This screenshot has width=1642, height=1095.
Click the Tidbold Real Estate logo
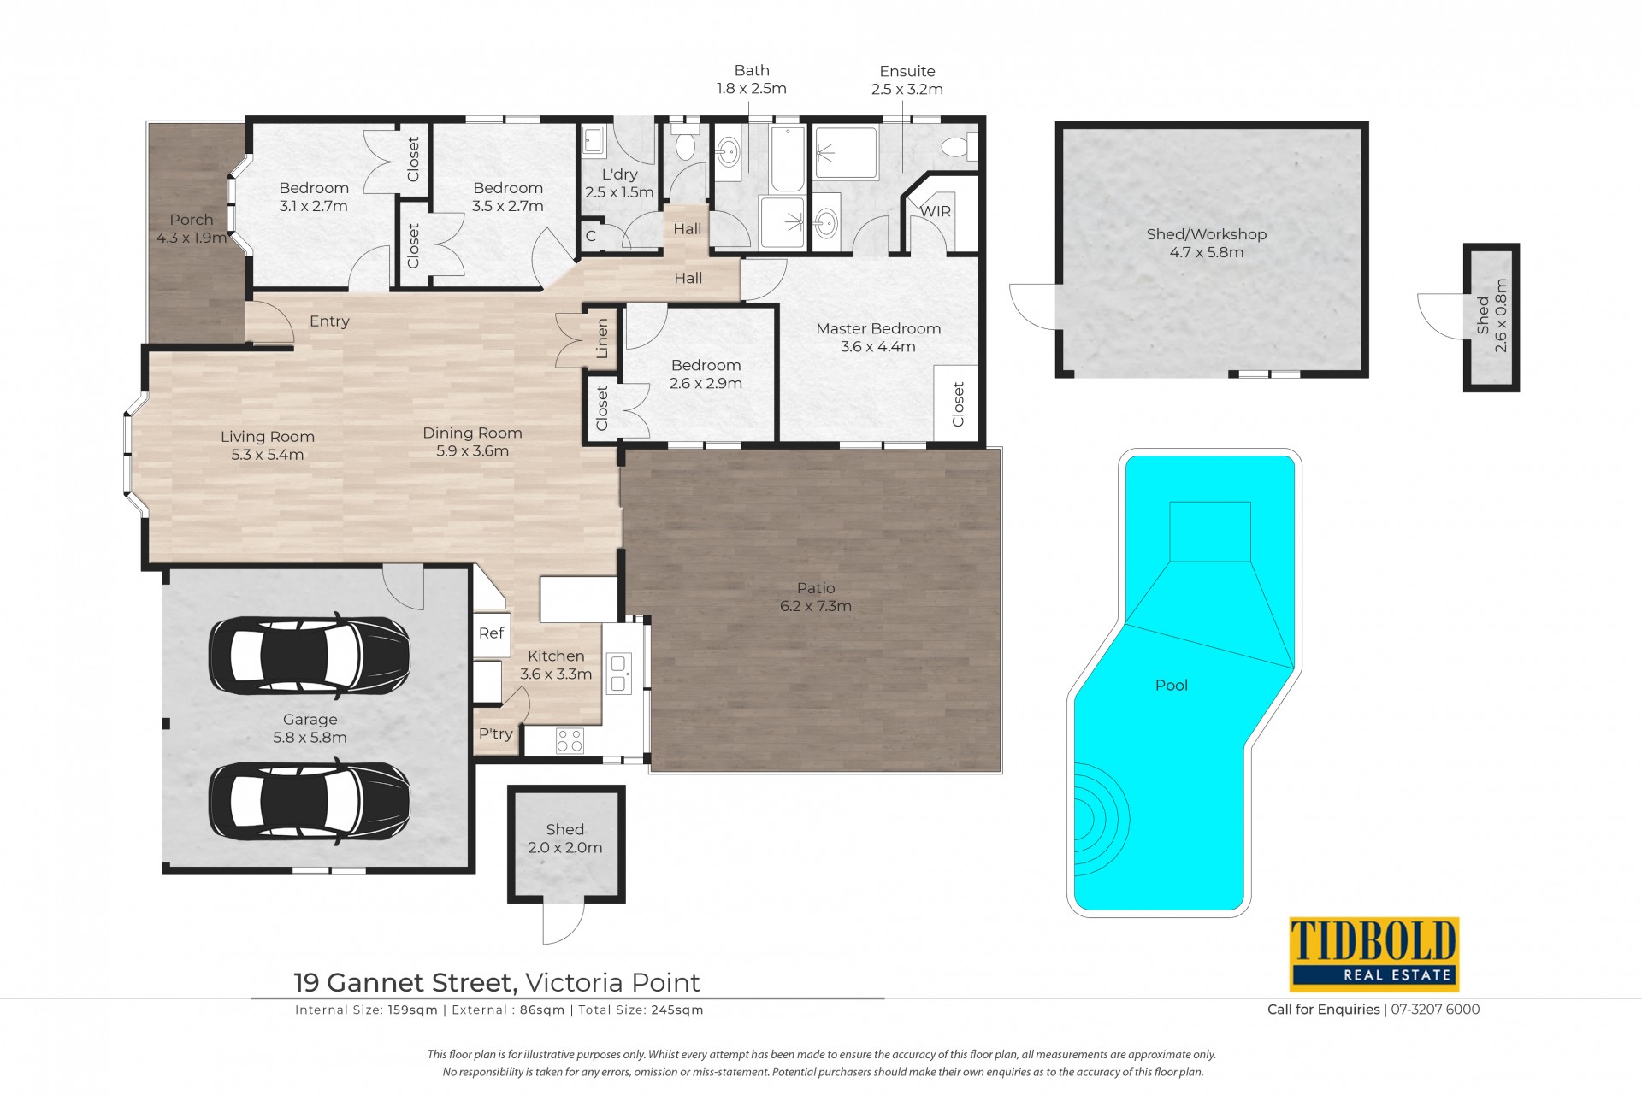(1373, 954)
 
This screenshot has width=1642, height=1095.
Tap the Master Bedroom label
(878, 328)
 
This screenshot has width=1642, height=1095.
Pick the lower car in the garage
(310, 800)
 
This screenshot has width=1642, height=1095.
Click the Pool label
(1171, 685)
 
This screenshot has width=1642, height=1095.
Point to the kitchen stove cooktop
(570, 740)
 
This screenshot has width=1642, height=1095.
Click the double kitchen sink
(619, 673)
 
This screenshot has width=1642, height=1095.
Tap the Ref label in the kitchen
(491, 633)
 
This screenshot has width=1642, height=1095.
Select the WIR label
(936, 211)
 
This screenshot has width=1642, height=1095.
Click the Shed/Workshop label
(1206, 234)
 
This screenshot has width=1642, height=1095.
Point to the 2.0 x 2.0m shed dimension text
(565, 848)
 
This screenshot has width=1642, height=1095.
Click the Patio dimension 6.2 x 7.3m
(816, 606)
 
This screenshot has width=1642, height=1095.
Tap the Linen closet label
(602, 339)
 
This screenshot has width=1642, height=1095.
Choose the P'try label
(496, 733)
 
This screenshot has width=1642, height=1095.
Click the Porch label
(192, 220)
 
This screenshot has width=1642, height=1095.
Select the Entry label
(329, 321)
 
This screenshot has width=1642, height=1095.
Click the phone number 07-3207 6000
(1435, 1010)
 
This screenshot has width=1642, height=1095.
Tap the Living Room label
(268, 436)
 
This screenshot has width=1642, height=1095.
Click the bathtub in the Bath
(788, 159)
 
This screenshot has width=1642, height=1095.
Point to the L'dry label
(620, 174)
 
